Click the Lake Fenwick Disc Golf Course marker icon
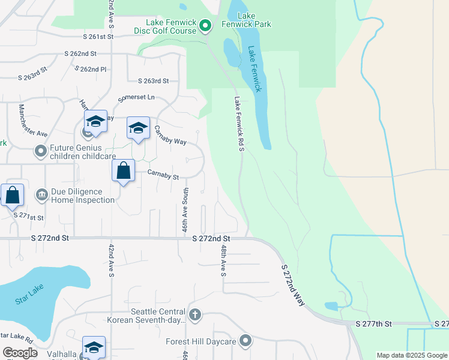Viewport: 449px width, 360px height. coord(205,26)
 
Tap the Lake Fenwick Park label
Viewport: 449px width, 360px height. coord(254,20)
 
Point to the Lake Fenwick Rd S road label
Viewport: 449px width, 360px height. coord(239,124)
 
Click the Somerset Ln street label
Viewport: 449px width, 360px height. coord(136,97)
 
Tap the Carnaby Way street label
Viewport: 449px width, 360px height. coord(170,135)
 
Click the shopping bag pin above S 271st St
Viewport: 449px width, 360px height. coord(12,195)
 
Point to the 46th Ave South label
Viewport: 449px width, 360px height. coord(185,210)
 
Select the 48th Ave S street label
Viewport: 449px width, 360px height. coord(223,260)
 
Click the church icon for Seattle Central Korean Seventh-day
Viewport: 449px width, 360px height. coord(194,314)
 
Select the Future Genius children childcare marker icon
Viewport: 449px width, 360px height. coord(41,151)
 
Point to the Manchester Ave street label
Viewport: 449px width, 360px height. coord(32,120)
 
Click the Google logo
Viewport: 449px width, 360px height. coord(20,353)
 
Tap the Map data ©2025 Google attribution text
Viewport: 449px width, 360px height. coord(411,355)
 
